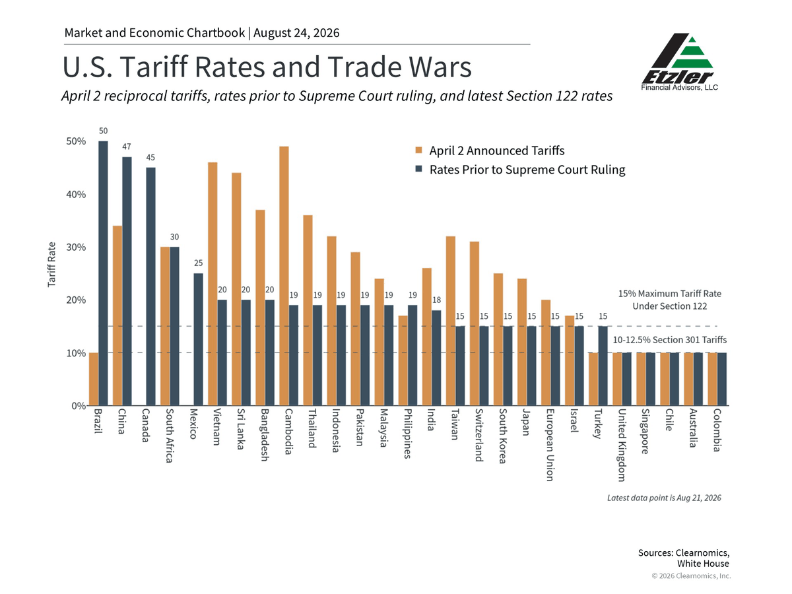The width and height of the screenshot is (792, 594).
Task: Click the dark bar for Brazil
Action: (x=103, y=273)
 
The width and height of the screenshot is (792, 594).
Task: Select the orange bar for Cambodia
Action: (x=284, y=276)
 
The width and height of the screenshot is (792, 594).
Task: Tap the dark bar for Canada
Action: (x=151, y=286)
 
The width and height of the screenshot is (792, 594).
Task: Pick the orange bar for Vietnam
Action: (x=213, y=284)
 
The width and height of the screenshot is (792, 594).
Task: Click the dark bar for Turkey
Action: (x=603, y=366)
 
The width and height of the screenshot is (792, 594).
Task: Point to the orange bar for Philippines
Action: (x=403, y=360)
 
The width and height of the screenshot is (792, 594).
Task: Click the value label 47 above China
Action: (x=127, y=147)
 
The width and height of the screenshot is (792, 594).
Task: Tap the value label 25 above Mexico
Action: (x=199, y=263)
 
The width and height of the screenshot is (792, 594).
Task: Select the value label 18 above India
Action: (x=437, y=300)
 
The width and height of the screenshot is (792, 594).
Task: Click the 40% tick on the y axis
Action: (x=76, y=195)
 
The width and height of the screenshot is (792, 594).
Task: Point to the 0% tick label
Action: (x=79, y=406)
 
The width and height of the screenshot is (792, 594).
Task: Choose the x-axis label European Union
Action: (x=550, y=445)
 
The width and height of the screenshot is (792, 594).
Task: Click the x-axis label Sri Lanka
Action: (x=241, y=429)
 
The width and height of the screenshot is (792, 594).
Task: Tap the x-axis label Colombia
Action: (x=717, y=430)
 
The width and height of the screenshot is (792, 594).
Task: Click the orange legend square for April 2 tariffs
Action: (x=418, y=150)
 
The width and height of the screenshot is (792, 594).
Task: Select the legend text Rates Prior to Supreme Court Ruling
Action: (x=527, y=170)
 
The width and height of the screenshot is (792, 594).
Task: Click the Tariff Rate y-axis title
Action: (x=51, y=265)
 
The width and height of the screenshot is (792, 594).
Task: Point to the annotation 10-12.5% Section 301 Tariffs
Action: (x=670, y=339)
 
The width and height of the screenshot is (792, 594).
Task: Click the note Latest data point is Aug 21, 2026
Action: (x=664, y=498)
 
